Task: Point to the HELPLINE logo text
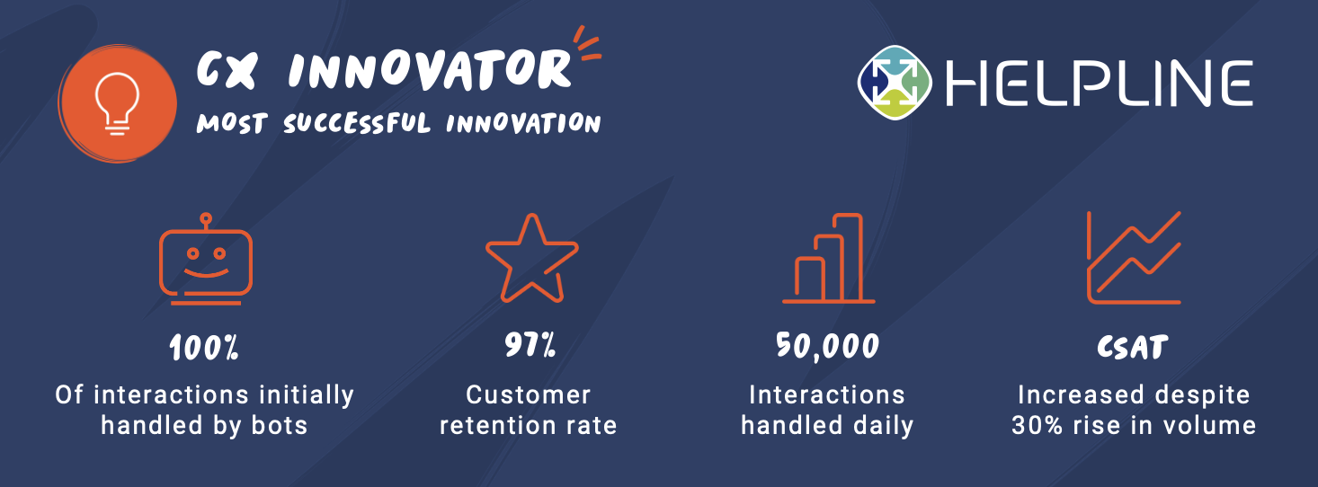tap(1098, 84)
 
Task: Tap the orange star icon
tap(530, 258)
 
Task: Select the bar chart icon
tap(828, 259)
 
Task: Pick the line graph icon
tap(1133, 258)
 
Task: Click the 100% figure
tap(204, 348)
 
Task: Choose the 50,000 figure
tap(827, 347)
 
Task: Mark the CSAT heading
tap(1133, 347)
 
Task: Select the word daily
tap(882, 425)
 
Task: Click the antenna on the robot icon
tap(206, 220)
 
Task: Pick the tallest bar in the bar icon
tap(850, 257)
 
